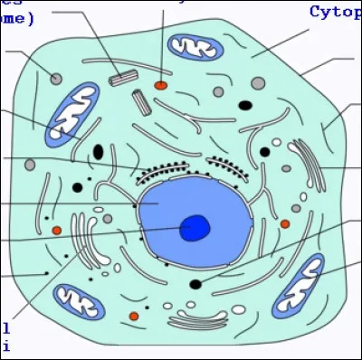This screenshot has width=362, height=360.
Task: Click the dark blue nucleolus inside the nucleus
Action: point(195,228)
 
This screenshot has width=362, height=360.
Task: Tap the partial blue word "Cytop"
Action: point(335,12)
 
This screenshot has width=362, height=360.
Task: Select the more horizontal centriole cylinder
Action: point(119,79)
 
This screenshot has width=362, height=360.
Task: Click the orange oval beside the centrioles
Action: point(160,85)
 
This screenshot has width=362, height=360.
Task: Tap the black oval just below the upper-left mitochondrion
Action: point(98,151)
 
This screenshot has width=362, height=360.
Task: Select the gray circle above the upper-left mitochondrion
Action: point(56,80)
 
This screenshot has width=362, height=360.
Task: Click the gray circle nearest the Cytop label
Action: point(258,83)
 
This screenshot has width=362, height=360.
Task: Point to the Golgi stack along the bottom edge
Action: point(196,319)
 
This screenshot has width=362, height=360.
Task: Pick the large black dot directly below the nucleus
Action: point(195,284)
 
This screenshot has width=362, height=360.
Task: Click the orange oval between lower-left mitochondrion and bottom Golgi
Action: point(134,316)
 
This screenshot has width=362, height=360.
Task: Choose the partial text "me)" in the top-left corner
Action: point(16,18)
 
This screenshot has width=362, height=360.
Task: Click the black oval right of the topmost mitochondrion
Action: point(244,105)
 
